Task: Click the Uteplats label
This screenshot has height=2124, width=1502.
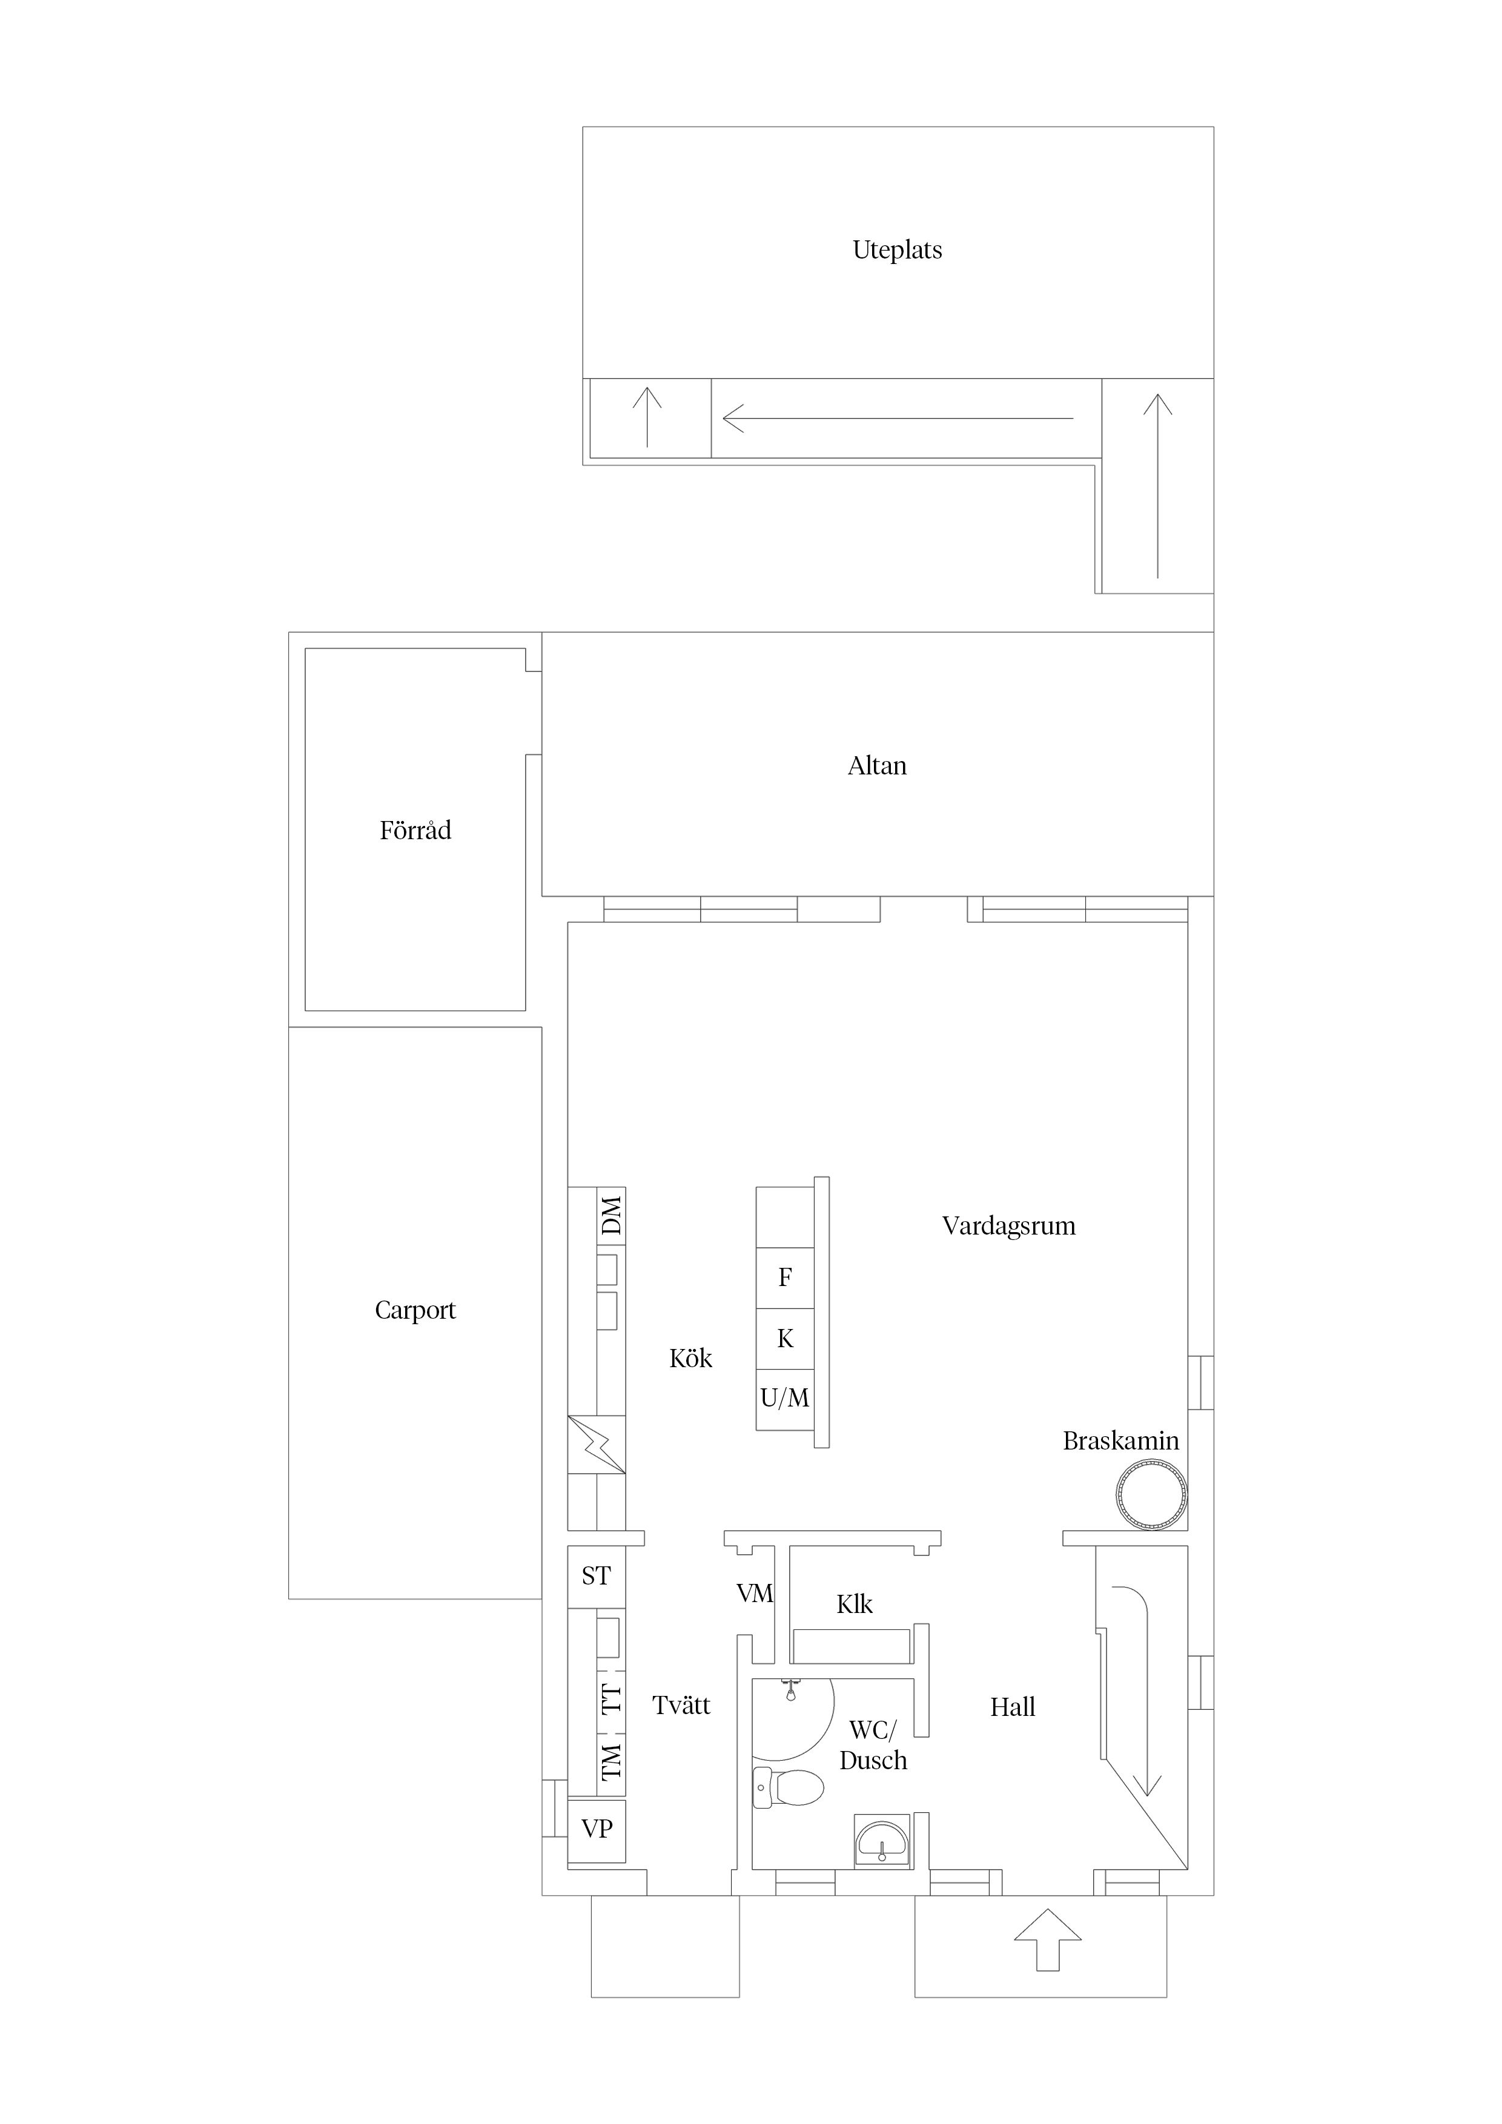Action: click(x=897, y=250)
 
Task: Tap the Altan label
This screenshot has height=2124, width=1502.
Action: click(x=876, y=766)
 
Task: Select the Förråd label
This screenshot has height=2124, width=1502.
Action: click(x=415, y=831)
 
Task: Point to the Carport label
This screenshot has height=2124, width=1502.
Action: click(x=415, y=1310)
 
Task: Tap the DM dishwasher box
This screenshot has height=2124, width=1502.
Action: click(x=612, y=1216)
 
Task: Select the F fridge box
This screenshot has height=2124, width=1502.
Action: click(x=785, y=1278)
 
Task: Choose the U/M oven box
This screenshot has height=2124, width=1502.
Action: click(x=785, y=1399)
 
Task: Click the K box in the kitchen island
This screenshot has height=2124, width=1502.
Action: click(x=785, y=1339)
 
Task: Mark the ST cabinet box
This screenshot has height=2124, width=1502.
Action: click(x=596, y=1576)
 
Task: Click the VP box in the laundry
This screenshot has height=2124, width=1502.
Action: click(x=596, y=1829)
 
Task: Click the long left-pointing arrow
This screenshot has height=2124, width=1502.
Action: click(x=897, y=418)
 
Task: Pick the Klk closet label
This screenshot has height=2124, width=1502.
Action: click(x=854, y=1604)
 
